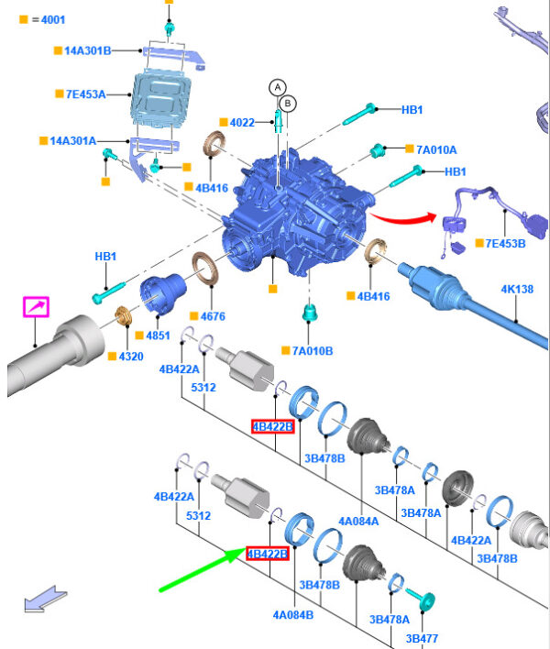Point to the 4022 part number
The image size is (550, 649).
tap(242, 122)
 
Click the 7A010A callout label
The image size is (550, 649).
tap(435, 149)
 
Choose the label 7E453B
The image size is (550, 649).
tap(505, 243)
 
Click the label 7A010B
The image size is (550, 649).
tap(313, 350)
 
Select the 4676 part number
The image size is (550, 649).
tap(211, 316)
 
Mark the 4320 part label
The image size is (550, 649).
tap(129, 356)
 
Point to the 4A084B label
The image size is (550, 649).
tap(291, 614)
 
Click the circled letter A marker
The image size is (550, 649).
tap(277, 87)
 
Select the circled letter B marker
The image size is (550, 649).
tap(287, 104)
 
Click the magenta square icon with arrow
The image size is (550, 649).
tap(36, 307)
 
